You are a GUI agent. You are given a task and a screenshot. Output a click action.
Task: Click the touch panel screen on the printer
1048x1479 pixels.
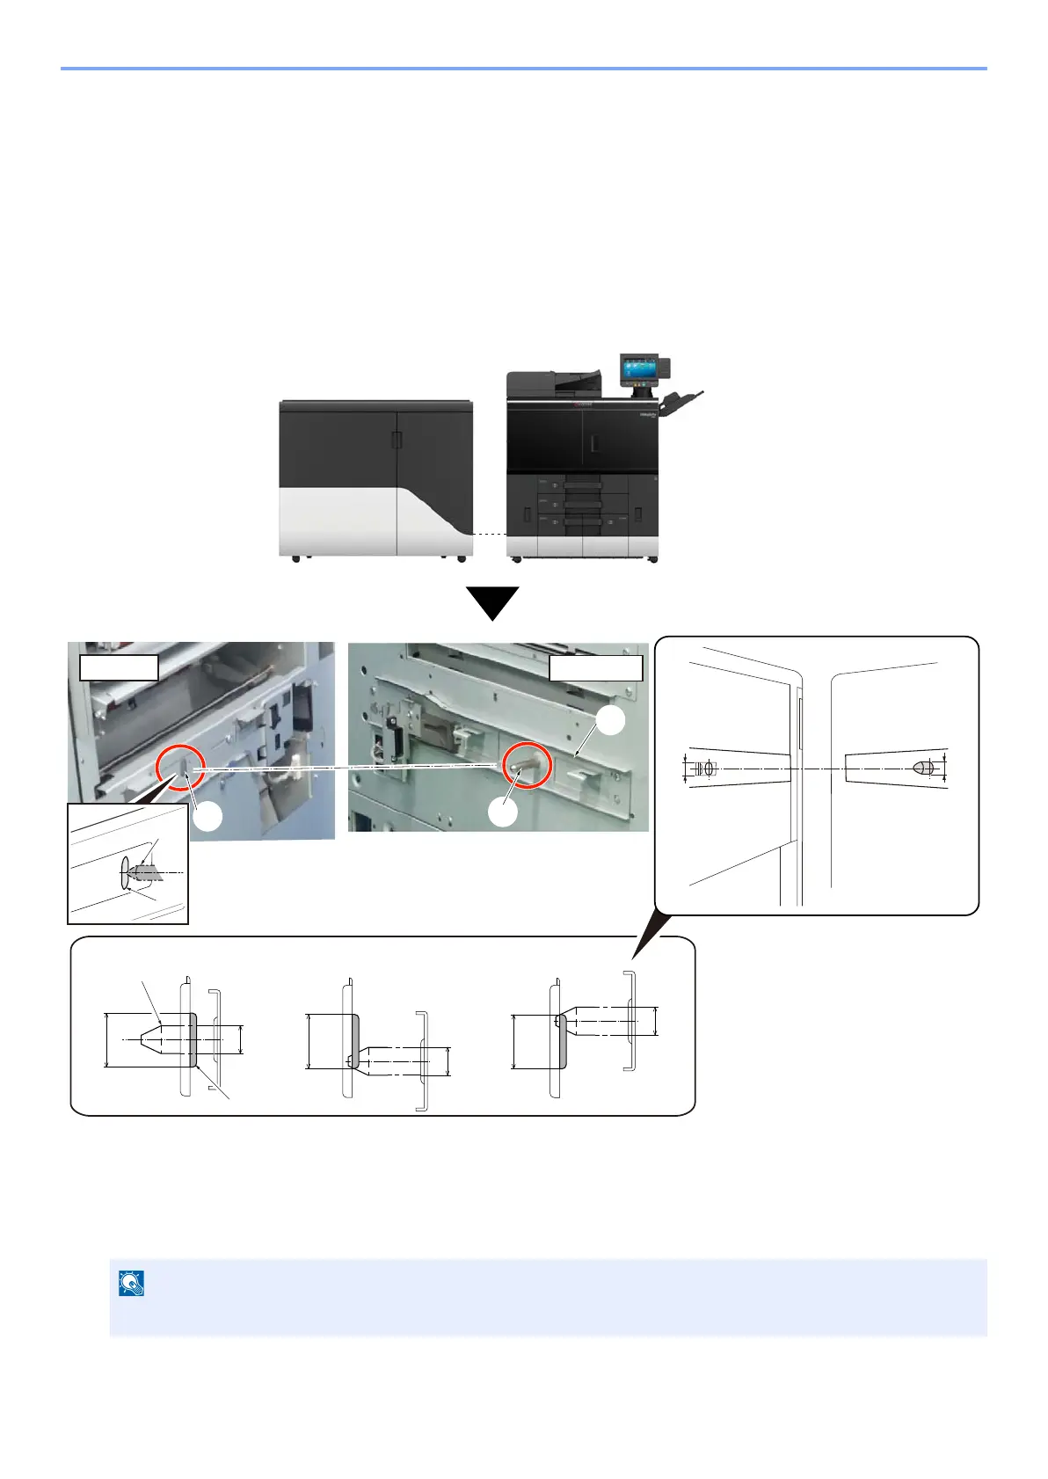click(638, 369)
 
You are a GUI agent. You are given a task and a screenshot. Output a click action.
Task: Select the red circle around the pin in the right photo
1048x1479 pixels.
click(526, 765)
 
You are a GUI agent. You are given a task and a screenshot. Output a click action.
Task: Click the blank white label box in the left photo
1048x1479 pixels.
click(119, 667)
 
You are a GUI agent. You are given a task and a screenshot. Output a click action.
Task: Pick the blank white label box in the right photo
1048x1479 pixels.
click(596, 668)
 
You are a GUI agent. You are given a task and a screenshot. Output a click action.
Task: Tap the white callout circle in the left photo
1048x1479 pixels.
click(208, 817)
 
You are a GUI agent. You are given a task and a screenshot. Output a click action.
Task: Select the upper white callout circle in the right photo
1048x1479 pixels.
click(611, 721)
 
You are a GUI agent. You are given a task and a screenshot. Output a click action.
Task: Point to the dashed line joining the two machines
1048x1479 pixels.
click(489, 534)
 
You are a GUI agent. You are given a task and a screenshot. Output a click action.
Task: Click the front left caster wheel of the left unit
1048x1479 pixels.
click(295, 559)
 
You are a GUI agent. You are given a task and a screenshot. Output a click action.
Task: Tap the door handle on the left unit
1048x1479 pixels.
click(397, 441)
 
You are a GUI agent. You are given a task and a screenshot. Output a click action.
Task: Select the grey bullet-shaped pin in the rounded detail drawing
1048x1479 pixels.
click(921, 768)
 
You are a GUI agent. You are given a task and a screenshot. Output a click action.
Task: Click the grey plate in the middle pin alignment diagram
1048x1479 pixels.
click(354, 1040)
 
